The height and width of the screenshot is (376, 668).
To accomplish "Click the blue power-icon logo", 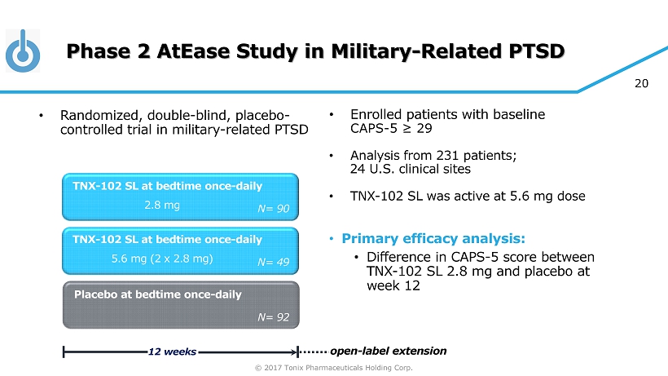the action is (x=23, y=51).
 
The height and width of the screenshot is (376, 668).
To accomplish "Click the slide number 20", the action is (x=641, y=83).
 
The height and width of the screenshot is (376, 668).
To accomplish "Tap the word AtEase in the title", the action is (x=193, y=51).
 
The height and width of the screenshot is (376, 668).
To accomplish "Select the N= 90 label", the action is (x=274, y=209).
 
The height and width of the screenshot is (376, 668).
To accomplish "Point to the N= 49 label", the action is (x=274, y=262).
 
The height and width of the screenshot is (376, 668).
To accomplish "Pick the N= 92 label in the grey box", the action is (x=274, y=317).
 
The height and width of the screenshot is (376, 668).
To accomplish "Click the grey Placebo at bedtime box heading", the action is (x=157, y=294).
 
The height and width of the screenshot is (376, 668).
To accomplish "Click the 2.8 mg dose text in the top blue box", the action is (x=162, y=205).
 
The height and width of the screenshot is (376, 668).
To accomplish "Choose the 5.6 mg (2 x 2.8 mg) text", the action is (x=162, y=259).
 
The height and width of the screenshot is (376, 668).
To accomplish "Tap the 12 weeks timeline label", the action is (x=172, y=352).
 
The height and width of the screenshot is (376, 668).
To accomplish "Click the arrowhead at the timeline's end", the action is (x=294, y=352).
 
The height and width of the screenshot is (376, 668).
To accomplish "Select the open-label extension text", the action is (x=388, y=351).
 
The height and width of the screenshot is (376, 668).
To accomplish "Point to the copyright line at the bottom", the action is (x=333, y=368).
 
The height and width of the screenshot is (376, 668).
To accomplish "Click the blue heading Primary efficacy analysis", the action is (x=433, y=238).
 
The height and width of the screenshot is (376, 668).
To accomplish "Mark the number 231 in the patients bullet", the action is (x=448, y=155).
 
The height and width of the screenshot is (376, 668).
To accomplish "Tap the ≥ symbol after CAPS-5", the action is (x=407, y=128).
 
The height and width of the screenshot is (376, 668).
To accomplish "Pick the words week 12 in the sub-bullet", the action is (x=393, y=285).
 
